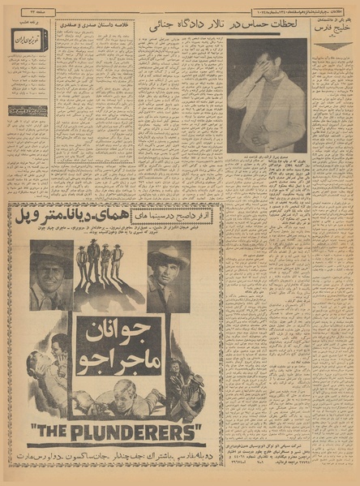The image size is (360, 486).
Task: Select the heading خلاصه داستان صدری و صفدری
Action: tap(96, 24)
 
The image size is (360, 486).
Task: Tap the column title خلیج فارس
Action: tap(333, 33)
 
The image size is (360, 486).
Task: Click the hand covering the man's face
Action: tap(260, 66)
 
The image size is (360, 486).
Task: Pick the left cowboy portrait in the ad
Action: tap(51, 275)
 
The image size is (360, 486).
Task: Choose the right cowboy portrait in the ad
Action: tap(169, 276)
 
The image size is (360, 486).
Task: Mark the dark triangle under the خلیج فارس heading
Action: tap(333, 47)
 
